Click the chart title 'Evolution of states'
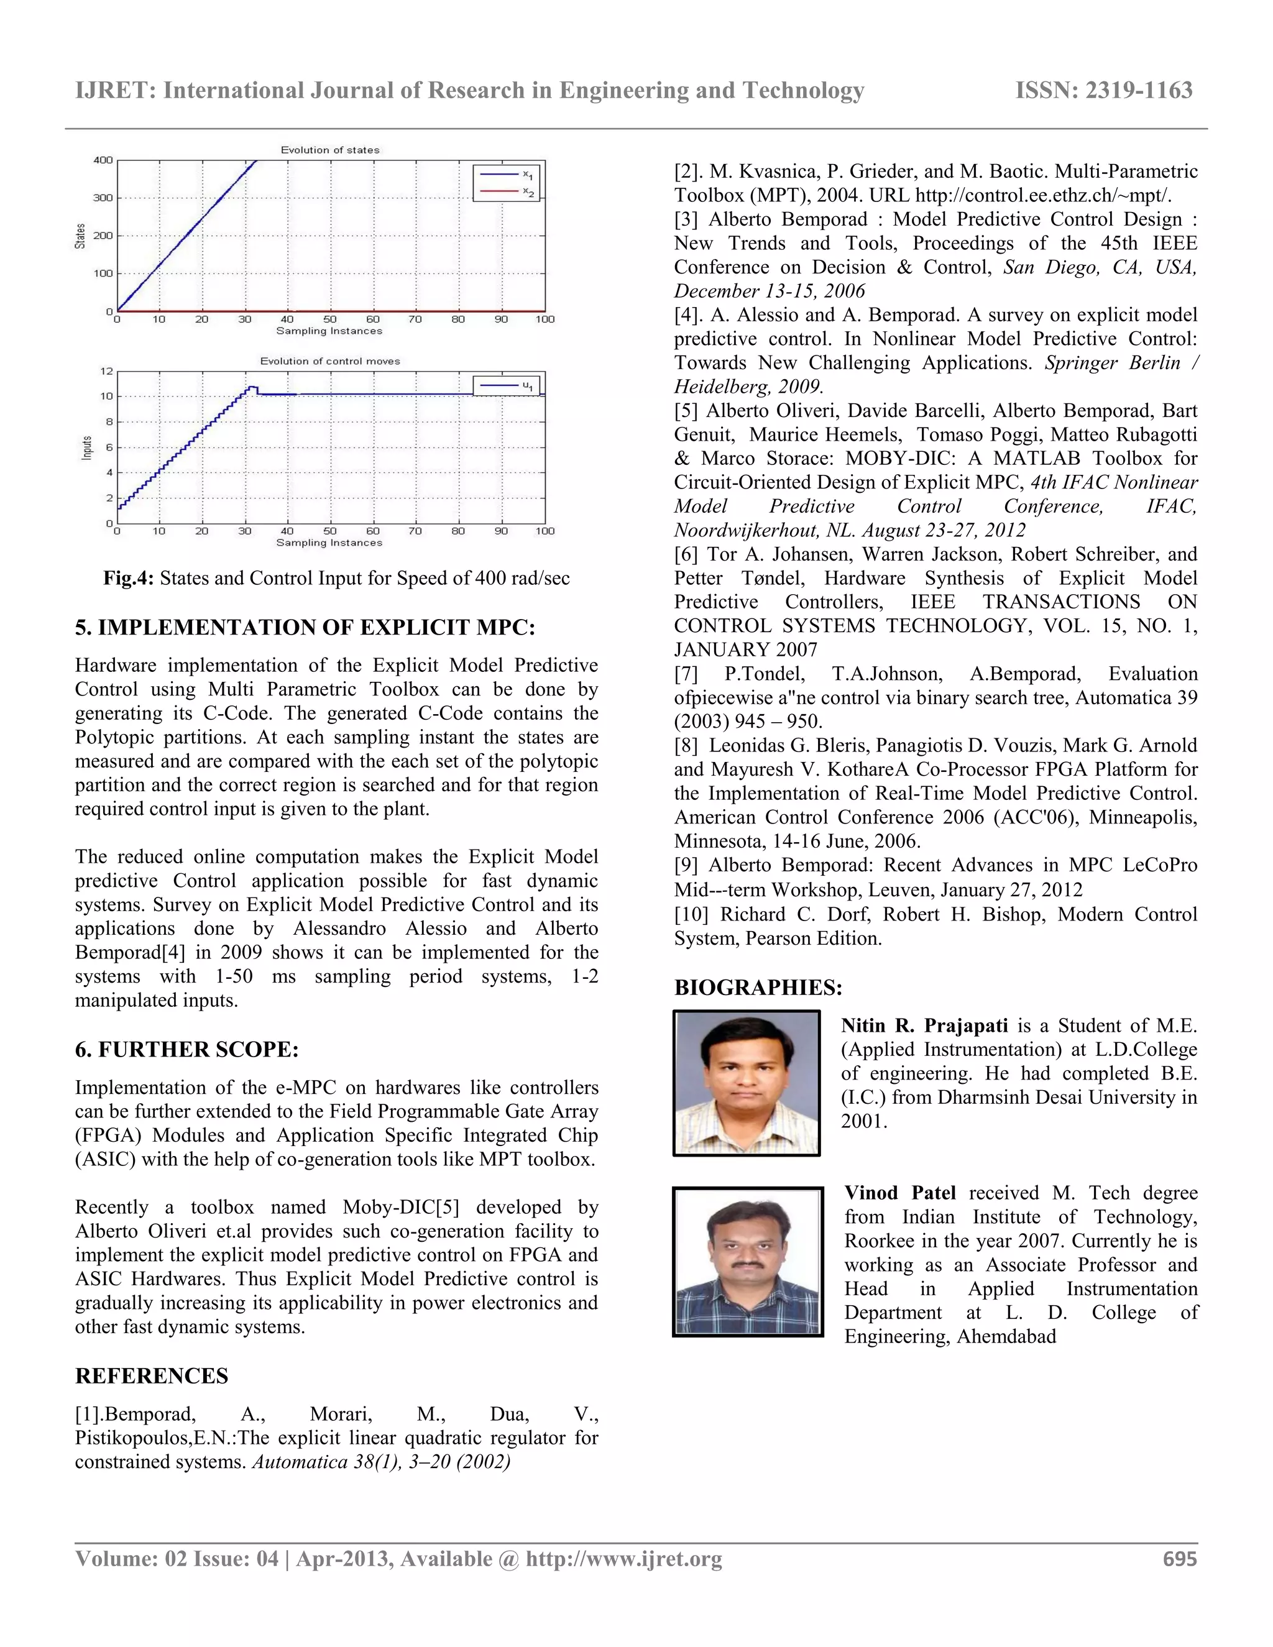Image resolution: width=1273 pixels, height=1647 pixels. click(x=329, y=150)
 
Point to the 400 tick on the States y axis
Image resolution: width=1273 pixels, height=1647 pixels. click(x=103, y=160)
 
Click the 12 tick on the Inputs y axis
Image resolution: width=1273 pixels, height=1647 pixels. click(x=106, y=371)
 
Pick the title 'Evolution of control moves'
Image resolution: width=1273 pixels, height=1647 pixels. click(x=329, y=361)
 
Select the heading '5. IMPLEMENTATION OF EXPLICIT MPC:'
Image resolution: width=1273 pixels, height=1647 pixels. click(x=305, y=628)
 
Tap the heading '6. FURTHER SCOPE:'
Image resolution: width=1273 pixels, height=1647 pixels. click(x=186, y=1050)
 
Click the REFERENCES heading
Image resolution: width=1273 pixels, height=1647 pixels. click(x=152, y=1376)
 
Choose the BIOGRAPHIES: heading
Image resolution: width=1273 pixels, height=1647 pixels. click(x=758, y=988)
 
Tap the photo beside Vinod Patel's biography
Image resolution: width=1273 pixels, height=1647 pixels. click(x=747, y=1262)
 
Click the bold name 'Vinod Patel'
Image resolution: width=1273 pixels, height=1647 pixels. click(x=899, y=1193)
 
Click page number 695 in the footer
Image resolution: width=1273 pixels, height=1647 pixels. click(x=1180, y=1559)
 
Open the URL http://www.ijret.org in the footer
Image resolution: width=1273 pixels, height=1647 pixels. click(x=623, y=1559)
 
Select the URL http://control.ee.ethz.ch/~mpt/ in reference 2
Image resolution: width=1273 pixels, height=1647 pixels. click(x=1043, y=195)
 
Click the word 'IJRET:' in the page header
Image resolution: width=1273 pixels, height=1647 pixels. click(x=116, y=91)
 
